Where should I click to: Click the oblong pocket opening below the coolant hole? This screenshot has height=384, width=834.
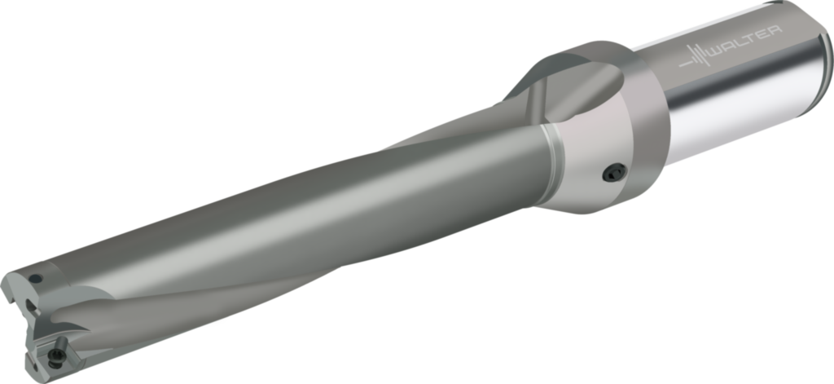(30, 307)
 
